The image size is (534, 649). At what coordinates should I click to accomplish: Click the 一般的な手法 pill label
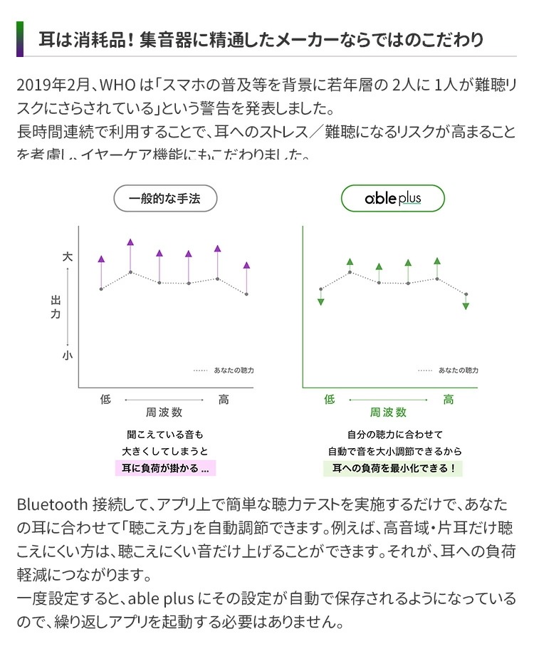(165, 199)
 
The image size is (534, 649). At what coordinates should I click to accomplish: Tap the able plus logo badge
(393, 199)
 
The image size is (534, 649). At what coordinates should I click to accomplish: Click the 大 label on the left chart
(68, 256)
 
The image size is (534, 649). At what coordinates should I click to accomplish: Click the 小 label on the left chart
(68, 354)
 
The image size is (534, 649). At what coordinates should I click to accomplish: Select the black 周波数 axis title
(164, 412)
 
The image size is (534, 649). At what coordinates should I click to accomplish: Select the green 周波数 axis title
(388, 412)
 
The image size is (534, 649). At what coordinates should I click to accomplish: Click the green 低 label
(329, 400)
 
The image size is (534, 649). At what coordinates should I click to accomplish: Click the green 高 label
(449, 400)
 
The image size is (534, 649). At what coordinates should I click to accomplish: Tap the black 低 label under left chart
(105, 400)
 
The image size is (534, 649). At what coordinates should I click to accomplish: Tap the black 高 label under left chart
(224, 400)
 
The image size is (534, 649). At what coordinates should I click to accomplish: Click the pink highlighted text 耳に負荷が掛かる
(164, 468)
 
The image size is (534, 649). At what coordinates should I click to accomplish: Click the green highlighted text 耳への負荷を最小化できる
(393, 468)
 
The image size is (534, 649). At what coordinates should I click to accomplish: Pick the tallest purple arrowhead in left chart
(130, 243)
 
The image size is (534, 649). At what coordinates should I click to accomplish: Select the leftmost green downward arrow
(321, 301)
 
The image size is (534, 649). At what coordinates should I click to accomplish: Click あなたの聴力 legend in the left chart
(233, 370)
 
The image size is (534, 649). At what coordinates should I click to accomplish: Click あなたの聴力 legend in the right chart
(458, 370)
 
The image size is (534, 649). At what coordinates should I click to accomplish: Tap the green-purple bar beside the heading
(20, 38)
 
